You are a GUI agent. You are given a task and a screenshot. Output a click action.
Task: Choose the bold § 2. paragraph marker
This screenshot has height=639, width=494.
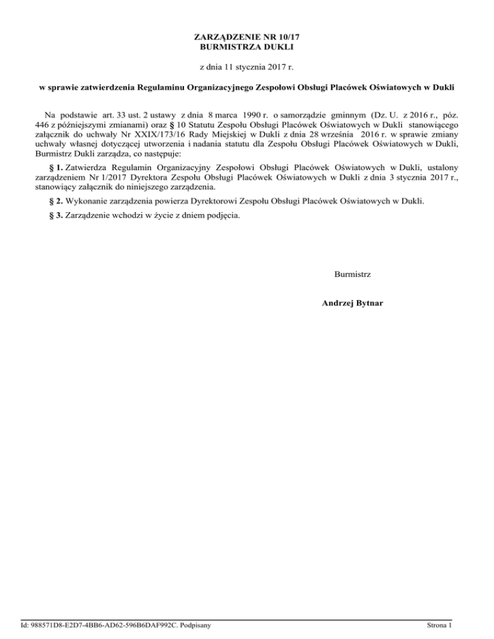pyautogui.click(x=55, y=202)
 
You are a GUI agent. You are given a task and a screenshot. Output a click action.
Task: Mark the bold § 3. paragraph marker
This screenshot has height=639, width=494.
pyautogui.click(x=55, y=215)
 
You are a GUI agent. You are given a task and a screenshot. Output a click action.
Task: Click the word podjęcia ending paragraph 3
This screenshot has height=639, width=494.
pyautogui.click(x=224, y=215)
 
